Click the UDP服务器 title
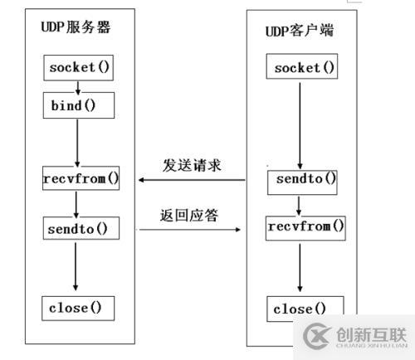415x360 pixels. [x=76, y=27]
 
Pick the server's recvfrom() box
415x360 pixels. [x=80, y=178]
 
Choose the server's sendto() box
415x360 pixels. [x=76, y=226]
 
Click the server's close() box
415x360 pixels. [x=76, y=308]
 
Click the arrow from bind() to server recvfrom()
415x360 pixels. [x=76, y=141]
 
